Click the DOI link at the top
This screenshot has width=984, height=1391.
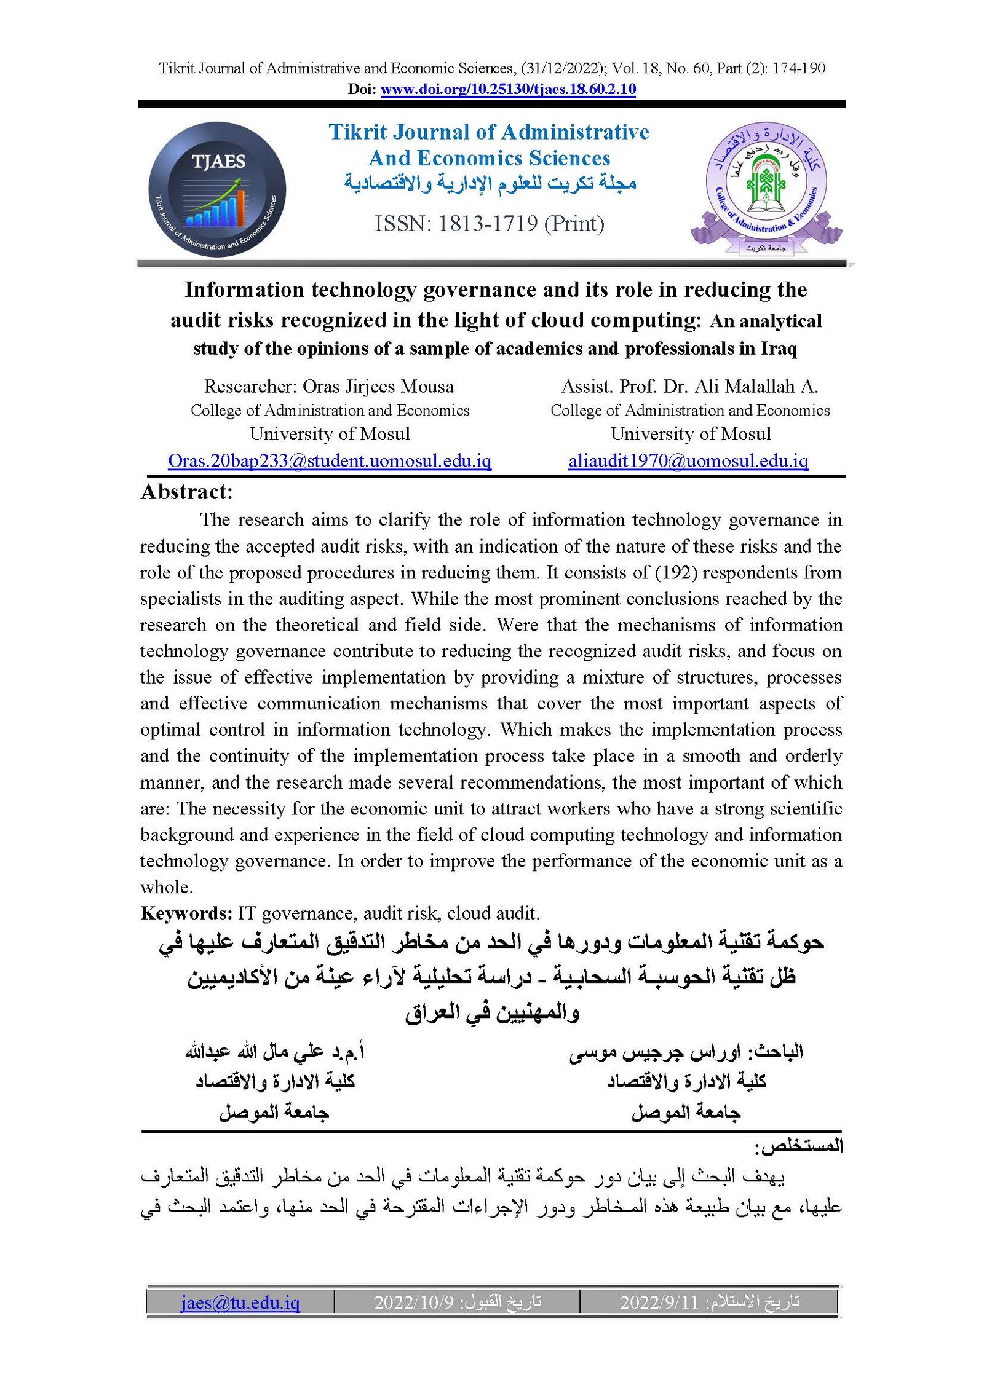pyautogui.click(x=508, y=89)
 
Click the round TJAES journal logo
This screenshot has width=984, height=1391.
pyautogui.click(x=217, y=189)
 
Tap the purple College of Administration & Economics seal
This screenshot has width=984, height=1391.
pyautogui.click(x=766, y=187)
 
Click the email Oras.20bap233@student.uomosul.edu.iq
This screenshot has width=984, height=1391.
pyautogui.click(x=330, y=461)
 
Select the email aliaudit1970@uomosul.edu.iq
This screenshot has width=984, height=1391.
pyautogui.click(x=688, y=461)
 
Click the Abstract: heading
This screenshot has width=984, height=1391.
pyautogui.click(x=187, y=492)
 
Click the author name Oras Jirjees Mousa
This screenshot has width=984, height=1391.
pyautogui.click(x=378, y=387)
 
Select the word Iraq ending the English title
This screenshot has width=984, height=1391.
pyautogui.click(x=779, y=349)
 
